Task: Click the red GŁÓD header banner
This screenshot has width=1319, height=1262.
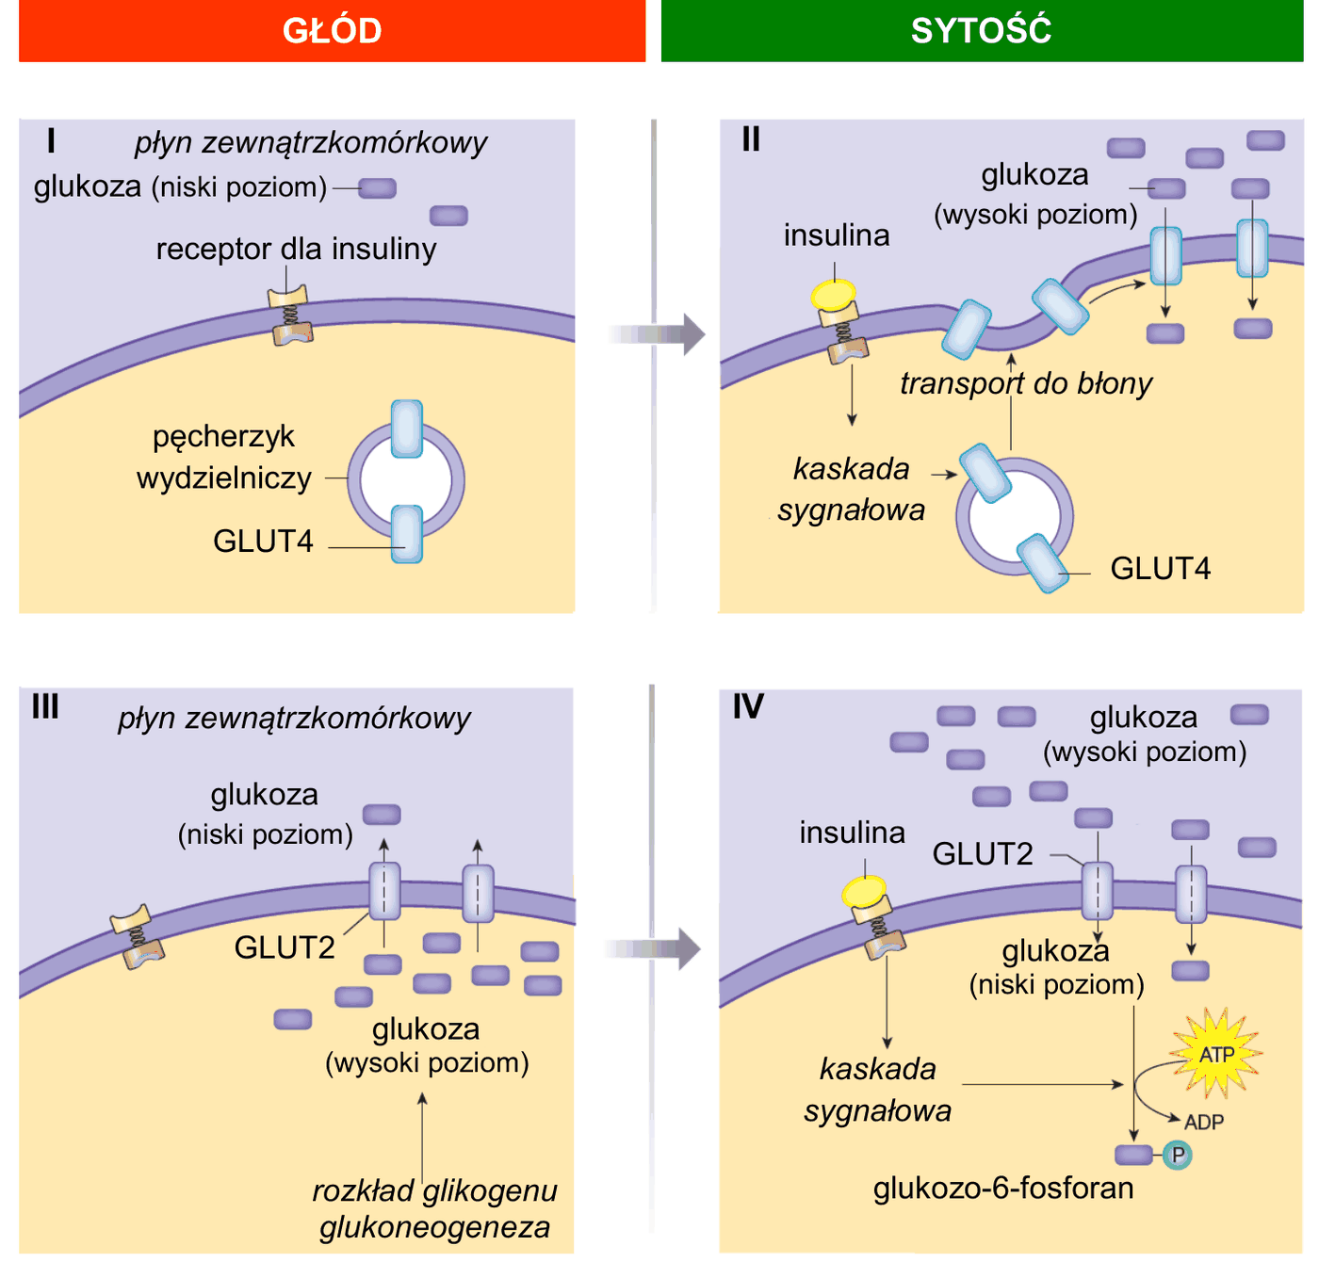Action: point(332,30)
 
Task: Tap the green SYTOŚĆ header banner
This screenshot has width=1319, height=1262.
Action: point(982,30)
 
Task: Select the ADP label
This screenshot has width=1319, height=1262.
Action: point(1203,1123)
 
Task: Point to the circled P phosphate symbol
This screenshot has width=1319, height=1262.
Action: point(1178,1155)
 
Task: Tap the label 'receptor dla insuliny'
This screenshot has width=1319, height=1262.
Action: point(296,250)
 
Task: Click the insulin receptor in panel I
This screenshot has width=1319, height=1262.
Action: point(290,315)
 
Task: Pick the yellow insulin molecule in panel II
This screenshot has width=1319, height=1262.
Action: point(833,295)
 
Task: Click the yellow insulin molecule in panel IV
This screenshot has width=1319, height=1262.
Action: point(864,892)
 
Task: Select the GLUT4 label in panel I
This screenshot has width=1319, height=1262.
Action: point(263,542)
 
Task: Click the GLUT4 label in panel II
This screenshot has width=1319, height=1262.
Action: point(1160,568)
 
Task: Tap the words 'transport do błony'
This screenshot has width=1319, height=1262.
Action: point(1026,383)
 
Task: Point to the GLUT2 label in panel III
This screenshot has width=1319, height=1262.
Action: point(285,947)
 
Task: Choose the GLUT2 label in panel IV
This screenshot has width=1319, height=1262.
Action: point(983,853)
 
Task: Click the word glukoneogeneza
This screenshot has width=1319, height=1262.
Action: point(434,1227)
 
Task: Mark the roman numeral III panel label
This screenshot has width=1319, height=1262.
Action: point(45,706)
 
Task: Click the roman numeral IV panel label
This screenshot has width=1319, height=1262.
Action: point(748,706)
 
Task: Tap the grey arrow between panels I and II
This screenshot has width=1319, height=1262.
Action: point(656,334)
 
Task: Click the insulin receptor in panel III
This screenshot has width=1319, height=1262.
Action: point(138,937)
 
